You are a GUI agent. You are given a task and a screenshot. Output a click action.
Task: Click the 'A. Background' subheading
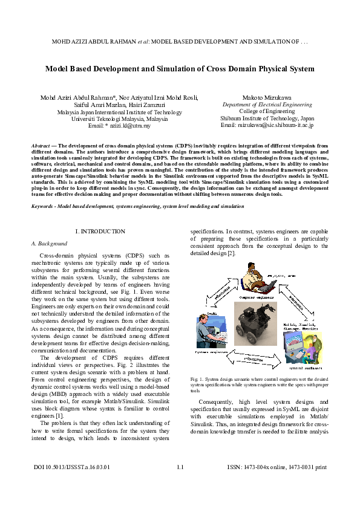(x=49, y=243)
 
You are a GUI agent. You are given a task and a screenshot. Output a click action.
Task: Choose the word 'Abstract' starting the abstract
(x=40, y=146)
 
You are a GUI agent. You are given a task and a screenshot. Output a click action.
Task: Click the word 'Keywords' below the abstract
(x=43, y=207)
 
